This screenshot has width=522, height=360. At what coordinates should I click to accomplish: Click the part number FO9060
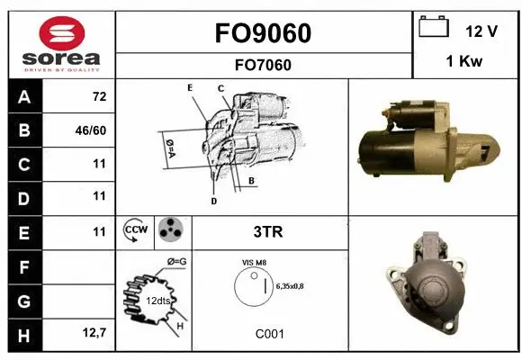pos(263,33)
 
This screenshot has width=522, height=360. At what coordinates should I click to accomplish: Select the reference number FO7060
pos(263,65)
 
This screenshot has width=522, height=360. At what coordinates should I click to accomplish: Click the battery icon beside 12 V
pos(434,28)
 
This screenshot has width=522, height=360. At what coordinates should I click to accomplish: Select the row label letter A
pos(23,95)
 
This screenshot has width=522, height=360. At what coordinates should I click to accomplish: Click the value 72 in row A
pos(99,95)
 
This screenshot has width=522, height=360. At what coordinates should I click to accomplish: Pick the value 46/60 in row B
pos(92,130)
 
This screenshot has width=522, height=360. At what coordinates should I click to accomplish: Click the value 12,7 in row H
pos(94,334)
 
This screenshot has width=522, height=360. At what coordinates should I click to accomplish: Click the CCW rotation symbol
pos(135,232)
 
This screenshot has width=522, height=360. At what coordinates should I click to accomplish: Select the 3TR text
pos(269,232)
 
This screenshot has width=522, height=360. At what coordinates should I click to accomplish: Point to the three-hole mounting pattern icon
pos(170,232)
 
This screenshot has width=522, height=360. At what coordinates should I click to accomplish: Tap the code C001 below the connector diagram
pos(269,334)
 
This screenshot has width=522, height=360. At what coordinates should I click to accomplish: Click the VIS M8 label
pos(256,262)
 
